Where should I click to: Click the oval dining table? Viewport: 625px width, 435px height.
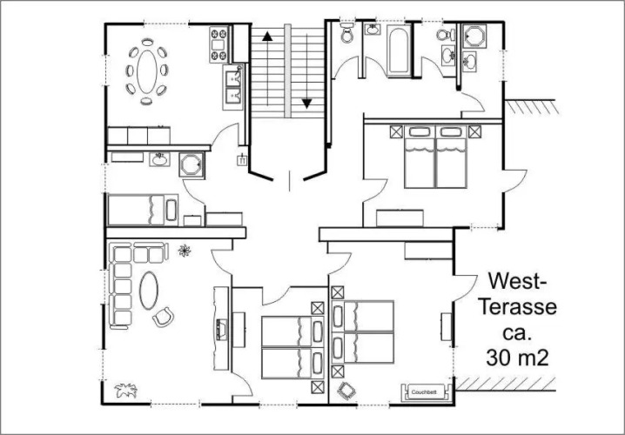click(147, 71)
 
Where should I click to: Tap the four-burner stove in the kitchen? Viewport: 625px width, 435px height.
click(219, 44)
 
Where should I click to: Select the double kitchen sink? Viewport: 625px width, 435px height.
click(232, 87)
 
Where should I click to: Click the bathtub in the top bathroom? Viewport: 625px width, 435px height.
click(399, 50)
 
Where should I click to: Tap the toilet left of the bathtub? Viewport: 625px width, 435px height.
click(346, 33)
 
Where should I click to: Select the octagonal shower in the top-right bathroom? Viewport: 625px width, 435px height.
click(474, 37)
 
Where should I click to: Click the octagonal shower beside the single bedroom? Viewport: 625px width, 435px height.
click(192, 164)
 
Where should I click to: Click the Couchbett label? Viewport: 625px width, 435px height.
click(424, 392)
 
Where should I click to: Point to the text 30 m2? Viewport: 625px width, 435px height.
click(517, 358)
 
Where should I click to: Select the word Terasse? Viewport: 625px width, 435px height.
click(517, 307)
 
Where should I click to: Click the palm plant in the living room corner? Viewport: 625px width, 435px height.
click(126, 390)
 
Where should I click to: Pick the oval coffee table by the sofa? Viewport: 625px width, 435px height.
click(149, 291)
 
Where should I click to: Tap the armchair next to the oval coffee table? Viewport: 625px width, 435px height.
click(164, 317)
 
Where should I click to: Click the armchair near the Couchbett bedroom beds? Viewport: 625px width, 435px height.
click(346, 391)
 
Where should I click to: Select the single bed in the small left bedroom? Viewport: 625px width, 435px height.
click(143, 210)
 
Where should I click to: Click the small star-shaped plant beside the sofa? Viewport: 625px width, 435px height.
click(185, 251)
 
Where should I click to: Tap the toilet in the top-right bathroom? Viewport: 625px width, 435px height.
click(446, 35)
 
